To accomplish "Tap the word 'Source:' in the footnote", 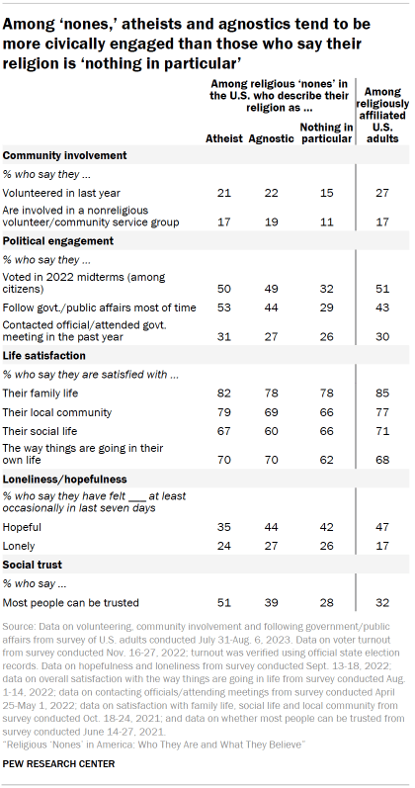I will click(20, 627).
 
